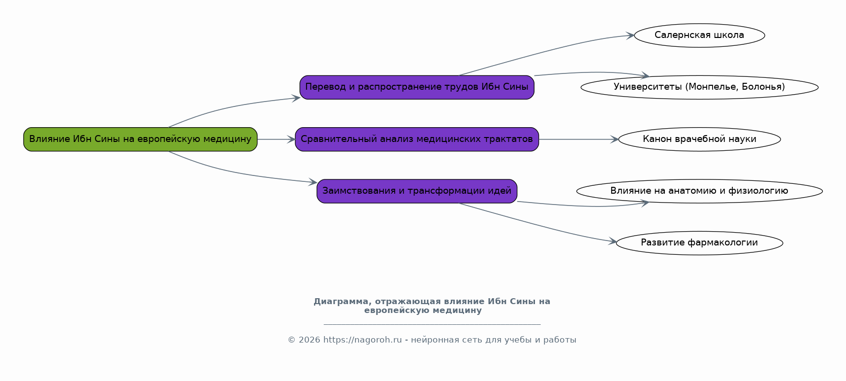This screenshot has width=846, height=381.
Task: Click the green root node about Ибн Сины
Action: tap(140, 139)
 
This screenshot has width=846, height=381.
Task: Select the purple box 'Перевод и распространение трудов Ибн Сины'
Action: tap(417, 87)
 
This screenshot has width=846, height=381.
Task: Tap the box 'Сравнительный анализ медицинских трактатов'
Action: tap(417, 139)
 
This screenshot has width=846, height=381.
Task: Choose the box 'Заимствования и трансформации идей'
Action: tap(417, 191)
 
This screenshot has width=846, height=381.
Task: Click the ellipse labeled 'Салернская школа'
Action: tap(699, 35)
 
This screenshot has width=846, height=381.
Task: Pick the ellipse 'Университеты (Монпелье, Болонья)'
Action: tap(699, 87)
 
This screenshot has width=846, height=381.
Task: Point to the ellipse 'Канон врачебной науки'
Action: tap(699, 139)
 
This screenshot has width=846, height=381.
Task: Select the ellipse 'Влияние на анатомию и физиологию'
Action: tap(699, 191)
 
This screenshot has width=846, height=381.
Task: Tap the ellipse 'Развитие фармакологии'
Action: tap(699, 243)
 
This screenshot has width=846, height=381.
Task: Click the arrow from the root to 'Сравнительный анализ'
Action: tap(276, 139)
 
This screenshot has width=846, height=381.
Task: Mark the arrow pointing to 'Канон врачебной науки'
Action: tap(579, 139)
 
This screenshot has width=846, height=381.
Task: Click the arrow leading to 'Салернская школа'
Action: tap(546, 51)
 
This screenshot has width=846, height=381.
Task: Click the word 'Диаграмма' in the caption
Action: tap(340, 302)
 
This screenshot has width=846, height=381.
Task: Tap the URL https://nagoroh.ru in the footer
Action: tap(363, 340)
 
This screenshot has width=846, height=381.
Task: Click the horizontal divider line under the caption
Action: tap(432, 324)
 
